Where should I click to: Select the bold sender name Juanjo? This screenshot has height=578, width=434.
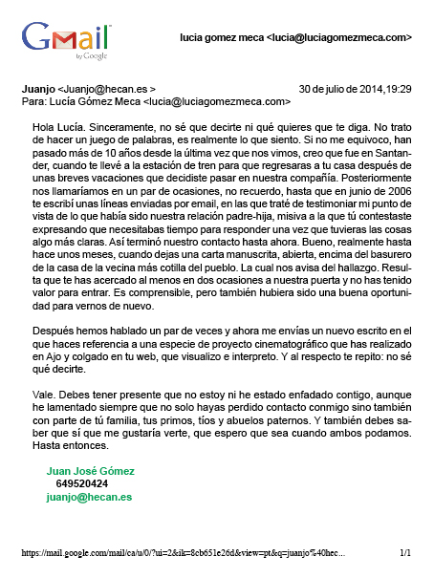tap(37, 88)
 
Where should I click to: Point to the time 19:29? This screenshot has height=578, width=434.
tap(400, 88)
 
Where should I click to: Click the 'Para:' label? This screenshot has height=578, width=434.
tap(34, 99)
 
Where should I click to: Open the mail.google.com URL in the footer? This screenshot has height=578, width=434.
tap(182, 552)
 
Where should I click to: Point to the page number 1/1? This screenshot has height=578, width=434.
tap(405, 552)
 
